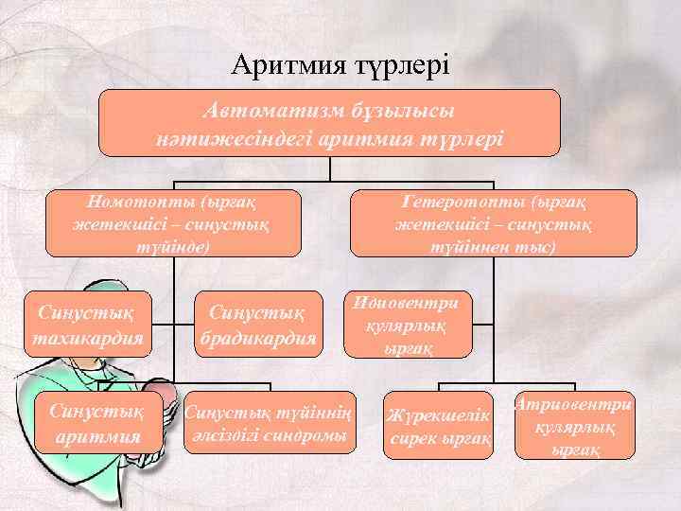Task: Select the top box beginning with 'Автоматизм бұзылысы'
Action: [x=330, y=122]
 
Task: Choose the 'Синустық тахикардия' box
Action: [x=89, y=324]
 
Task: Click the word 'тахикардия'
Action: [x=89, y=337]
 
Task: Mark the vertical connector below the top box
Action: [x=330, y=168]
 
